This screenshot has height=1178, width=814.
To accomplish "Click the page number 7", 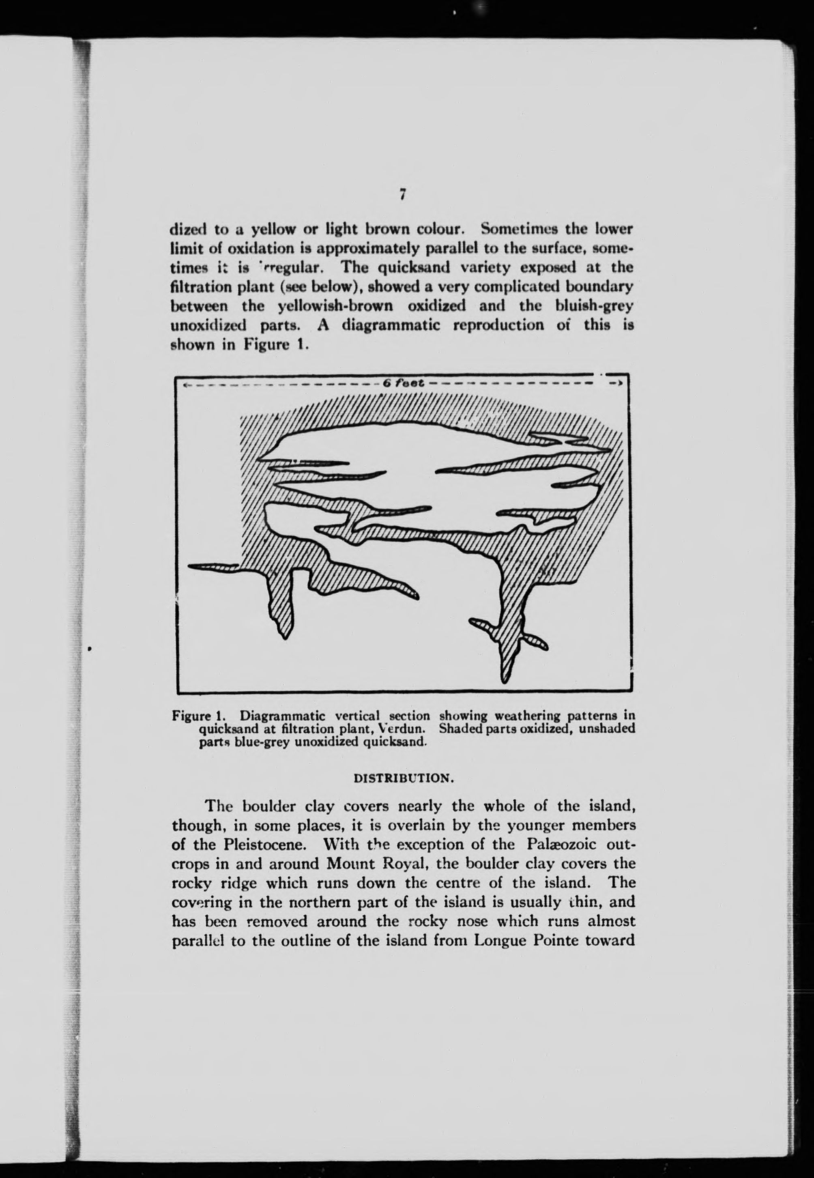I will pyautogui.click(x=402, y=194).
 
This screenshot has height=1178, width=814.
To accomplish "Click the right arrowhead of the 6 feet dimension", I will pyautogui.click(x=616, y=383).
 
